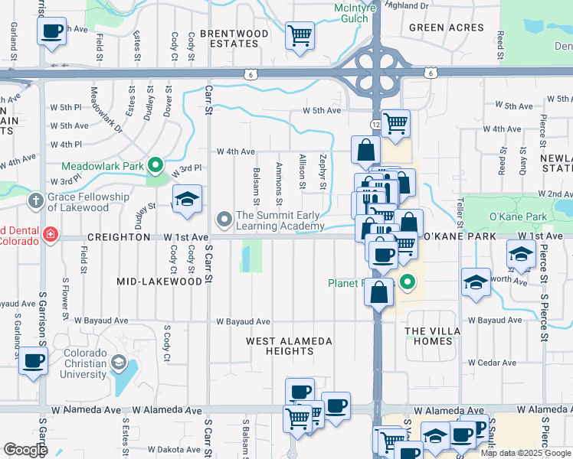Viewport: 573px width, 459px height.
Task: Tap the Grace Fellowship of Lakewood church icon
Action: click(34, 201)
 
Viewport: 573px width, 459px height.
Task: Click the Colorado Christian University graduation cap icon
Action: click(118, 362)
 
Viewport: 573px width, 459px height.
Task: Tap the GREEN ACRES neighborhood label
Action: click(447, 28)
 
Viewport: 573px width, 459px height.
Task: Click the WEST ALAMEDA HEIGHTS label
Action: click(289, 346)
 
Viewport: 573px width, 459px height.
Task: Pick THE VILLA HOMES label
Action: click(433, 336)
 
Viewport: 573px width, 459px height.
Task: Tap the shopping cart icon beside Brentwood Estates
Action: click(300, 34)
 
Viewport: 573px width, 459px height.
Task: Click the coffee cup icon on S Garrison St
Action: click(33, 361)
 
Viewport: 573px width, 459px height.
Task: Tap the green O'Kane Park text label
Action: click(520, 216)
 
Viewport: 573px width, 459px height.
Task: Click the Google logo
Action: click(26, 450)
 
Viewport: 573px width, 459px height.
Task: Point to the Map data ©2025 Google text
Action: click(525, 453)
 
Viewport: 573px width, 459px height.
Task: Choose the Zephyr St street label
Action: click(323, 172)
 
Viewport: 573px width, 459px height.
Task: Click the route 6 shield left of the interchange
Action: click(250, 73)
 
